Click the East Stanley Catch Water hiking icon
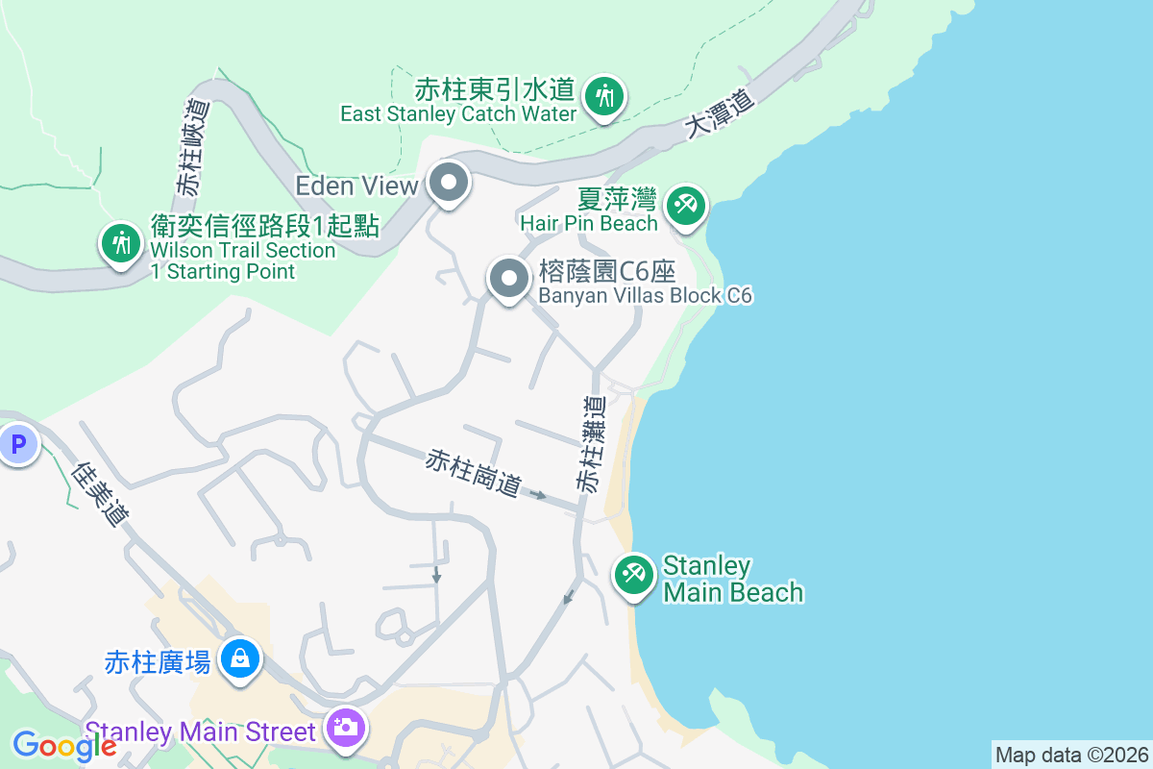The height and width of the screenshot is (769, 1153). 603,96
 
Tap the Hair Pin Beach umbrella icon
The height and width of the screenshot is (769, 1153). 685,206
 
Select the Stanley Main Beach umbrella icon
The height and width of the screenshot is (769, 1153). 633,574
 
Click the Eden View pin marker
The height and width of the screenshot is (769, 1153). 447,183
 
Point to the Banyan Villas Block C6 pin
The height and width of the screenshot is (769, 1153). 509,279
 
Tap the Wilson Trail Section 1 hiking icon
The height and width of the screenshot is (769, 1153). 121,242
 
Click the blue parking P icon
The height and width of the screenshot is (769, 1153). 17,444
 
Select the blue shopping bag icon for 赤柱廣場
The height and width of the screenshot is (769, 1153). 240,658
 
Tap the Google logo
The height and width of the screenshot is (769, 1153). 63,746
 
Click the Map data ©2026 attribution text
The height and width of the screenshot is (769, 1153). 1071,755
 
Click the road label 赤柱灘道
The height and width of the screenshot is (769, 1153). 593,444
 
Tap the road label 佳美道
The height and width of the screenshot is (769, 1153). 102,494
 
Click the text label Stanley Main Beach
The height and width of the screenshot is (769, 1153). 732,579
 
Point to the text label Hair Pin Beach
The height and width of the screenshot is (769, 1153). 589,223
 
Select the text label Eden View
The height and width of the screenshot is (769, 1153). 356,185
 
